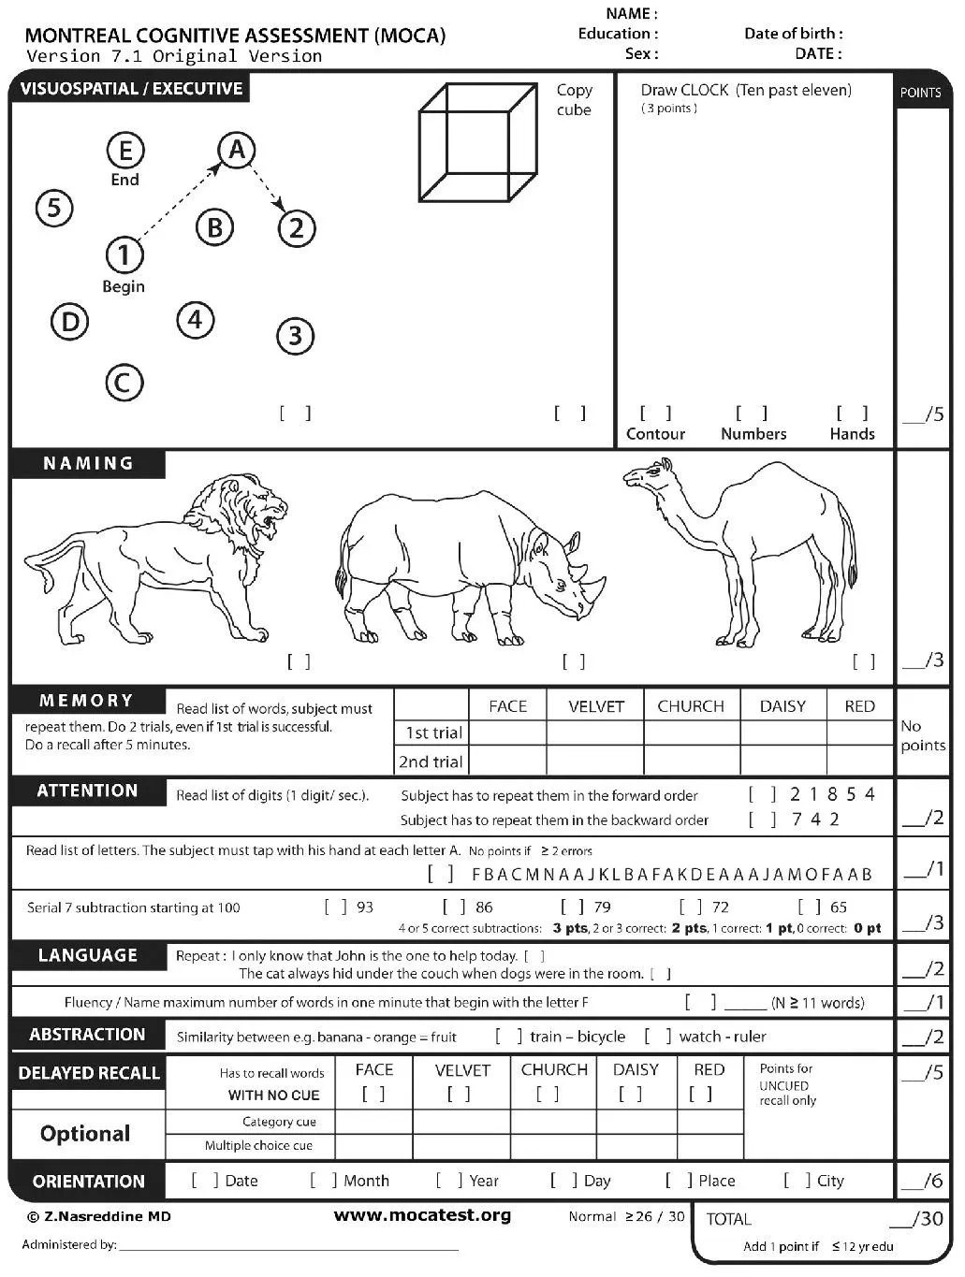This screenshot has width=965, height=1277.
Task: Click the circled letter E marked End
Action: (x=125, y=151)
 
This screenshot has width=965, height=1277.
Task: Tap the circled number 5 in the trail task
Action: (x=54, y=208)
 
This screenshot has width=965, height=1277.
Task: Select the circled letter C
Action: (x=124, y=383)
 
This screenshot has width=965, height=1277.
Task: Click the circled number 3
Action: (x=295, y=335)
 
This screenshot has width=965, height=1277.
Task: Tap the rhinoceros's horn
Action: (x=592, y=580)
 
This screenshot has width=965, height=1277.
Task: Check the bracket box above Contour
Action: (x=655, y=413)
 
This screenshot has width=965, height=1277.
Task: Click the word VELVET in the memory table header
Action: (x=595, y=706)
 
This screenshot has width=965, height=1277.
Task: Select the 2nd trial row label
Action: (x=431, y=762)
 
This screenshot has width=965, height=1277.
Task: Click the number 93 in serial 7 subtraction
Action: (x=365, y=907)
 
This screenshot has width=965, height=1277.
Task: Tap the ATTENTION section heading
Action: (x=87, y=791)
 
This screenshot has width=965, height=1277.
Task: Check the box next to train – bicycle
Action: (x=509, y=1036)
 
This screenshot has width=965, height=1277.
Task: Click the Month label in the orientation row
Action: (x=366, y=1181)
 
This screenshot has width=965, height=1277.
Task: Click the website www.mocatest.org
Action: (x=422, y=1215)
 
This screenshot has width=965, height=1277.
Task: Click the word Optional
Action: (x=85, y=1134)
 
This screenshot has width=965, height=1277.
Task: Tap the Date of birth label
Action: (x=793, y=34)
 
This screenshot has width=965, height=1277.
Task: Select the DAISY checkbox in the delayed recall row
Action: (x=631, y=1094)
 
